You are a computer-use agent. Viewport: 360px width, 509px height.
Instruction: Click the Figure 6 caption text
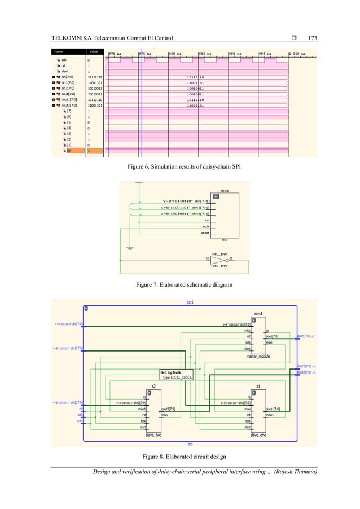pyautogui.click(x=180, y=168)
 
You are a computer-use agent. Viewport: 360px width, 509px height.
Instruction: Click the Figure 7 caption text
pyautogui.click(x=180, y=286)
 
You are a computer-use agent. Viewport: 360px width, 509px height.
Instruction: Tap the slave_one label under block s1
pyautogui.click(x=259, y=435)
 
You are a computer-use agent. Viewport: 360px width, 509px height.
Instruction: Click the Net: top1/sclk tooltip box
pyautogui.click(x=177, y=374)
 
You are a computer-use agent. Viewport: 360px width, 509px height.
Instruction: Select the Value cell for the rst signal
pyautogui.click(x=88, y=65)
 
